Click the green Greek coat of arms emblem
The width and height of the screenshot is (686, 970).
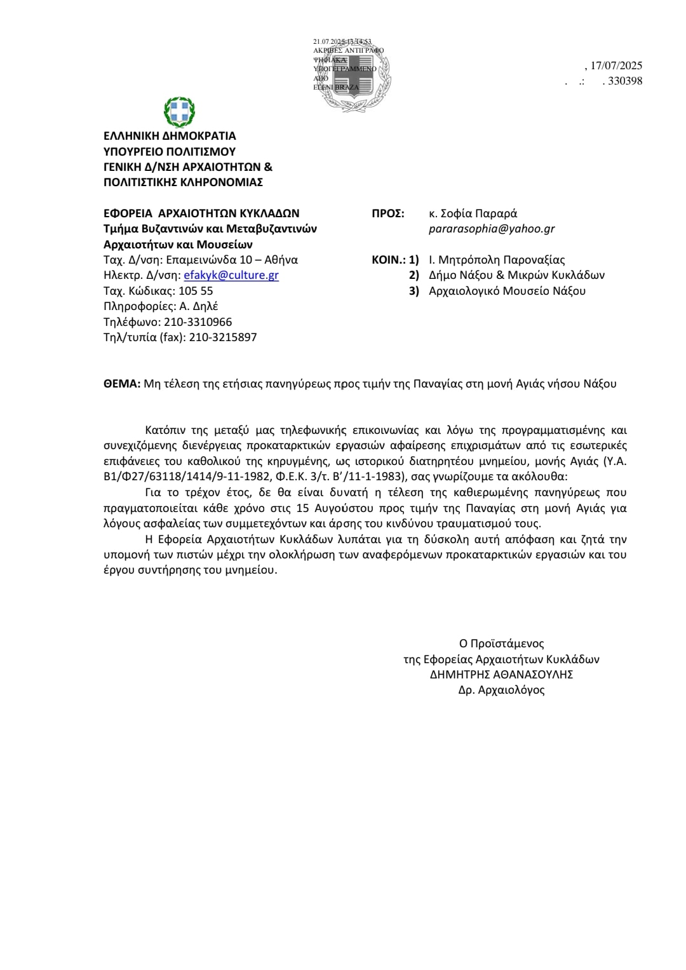[180, 112]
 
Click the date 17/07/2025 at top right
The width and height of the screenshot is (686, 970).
[616, 65]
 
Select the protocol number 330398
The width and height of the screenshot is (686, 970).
[625, 81]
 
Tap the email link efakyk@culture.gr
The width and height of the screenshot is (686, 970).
[231, 275]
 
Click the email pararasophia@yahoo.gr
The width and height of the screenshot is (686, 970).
[492, 229]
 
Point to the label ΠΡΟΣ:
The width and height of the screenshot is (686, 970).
[387, 213]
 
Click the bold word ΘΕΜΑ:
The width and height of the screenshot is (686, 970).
[122, 384]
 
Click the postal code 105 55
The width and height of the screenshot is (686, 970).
[196, 291]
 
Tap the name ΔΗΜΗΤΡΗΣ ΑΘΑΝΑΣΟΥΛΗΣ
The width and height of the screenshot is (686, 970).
[501, 675]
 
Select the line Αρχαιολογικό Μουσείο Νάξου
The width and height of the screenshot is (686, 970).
[507, 291]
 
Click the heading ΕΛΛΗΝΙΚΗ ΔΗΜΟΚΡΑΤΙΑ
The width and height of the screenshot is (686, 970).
[170, 136]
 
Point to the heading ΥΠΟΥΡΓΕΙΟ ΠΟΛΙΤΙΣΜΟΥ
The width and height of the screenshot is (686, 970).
[170, 151]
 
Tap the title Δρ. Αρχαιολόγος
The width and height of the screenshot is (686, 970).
[501, 690]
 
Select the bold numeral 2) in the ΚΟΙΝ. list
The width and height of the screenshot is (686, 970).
[414, 275]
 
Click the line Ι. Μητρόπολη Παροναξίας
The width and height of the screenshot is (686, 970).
[497, 260]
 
